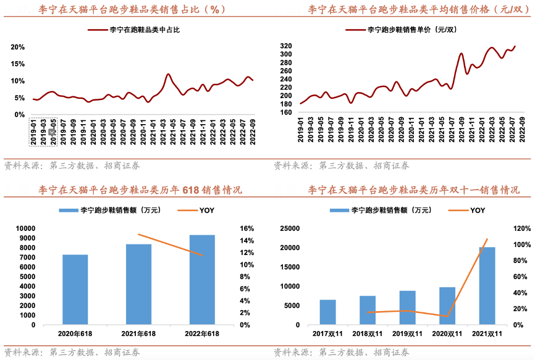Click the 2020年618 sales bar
click(x=75, y=289)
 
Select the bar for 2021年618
click(x=138, y=284)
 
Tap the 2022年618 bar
click(x=202, y=279)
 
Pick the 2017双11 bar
click(x=327, y=312)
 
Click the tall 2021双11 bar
click(x=487, y=285)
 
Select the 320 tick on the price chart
click(x=285, y=46)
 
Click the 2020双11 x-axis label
click(x=447, y=334)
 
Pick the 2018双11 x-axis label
click(x=368, y=334)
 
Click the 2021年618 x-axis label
click(x=138, y=334)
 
